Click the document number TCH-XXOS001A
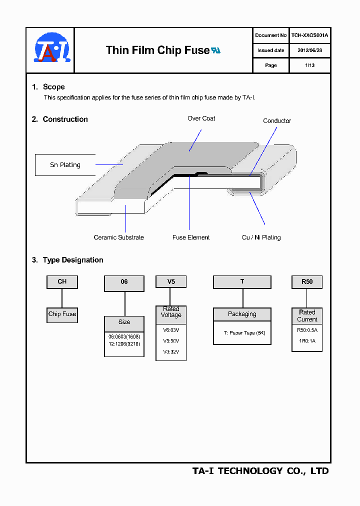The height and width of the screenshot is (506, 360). [x=309, y=35]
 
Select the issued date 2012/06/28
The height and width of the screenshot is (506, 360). [x=309, y=50]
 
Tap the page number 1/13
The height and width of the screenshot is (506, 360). [x=309, y=65]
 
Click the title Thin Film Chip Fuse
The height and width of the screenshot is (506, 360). [x=157, y=50]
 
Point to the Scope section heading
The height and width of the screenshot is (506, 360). [x=53, y=87]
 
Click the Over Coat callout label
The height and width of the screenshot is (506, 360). [x=201, y=118]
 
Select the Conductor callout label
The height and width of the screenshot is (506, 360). [x=277, y=121]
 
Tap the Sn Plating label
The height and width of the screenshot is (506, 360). [x=65, y=165]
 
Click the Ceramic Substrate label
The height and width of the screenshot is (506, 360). [x=118, y=237]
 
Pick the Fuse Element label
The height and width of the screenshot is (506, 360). [x=191, y=237]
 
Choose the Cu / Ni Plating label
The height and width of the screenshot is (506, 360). [x=261, y=237]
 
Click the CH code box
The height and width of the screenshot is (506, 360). [x=62, y=282]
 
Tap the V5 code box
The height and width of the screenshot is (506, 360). [x=171, y=282]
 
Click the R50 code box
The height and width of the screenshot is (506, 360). [x=307, y=282]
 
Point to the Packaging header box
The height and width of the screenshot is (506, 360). [x=242, y=314]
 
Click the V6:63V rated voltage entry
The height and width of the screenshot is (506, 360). [x=171, y=330]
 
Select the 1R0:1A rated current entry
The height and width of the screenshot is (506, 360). [x=306, y=341]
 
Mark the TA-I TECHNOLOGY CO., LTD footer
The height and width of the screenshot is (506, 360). [x=260, y=471]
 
